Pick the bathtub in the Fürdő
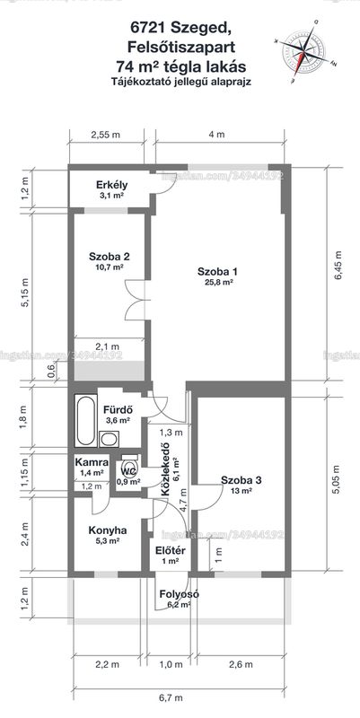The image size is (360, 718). pos(85,421)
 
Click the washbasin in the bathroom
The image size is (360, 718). pos(109,439)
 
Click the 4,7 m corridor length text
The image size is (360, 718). pos(184,502)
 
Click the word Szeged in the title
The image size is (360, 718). pos(197,29)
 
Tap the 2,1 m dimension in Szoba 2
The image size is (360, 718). pos(107,346)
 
